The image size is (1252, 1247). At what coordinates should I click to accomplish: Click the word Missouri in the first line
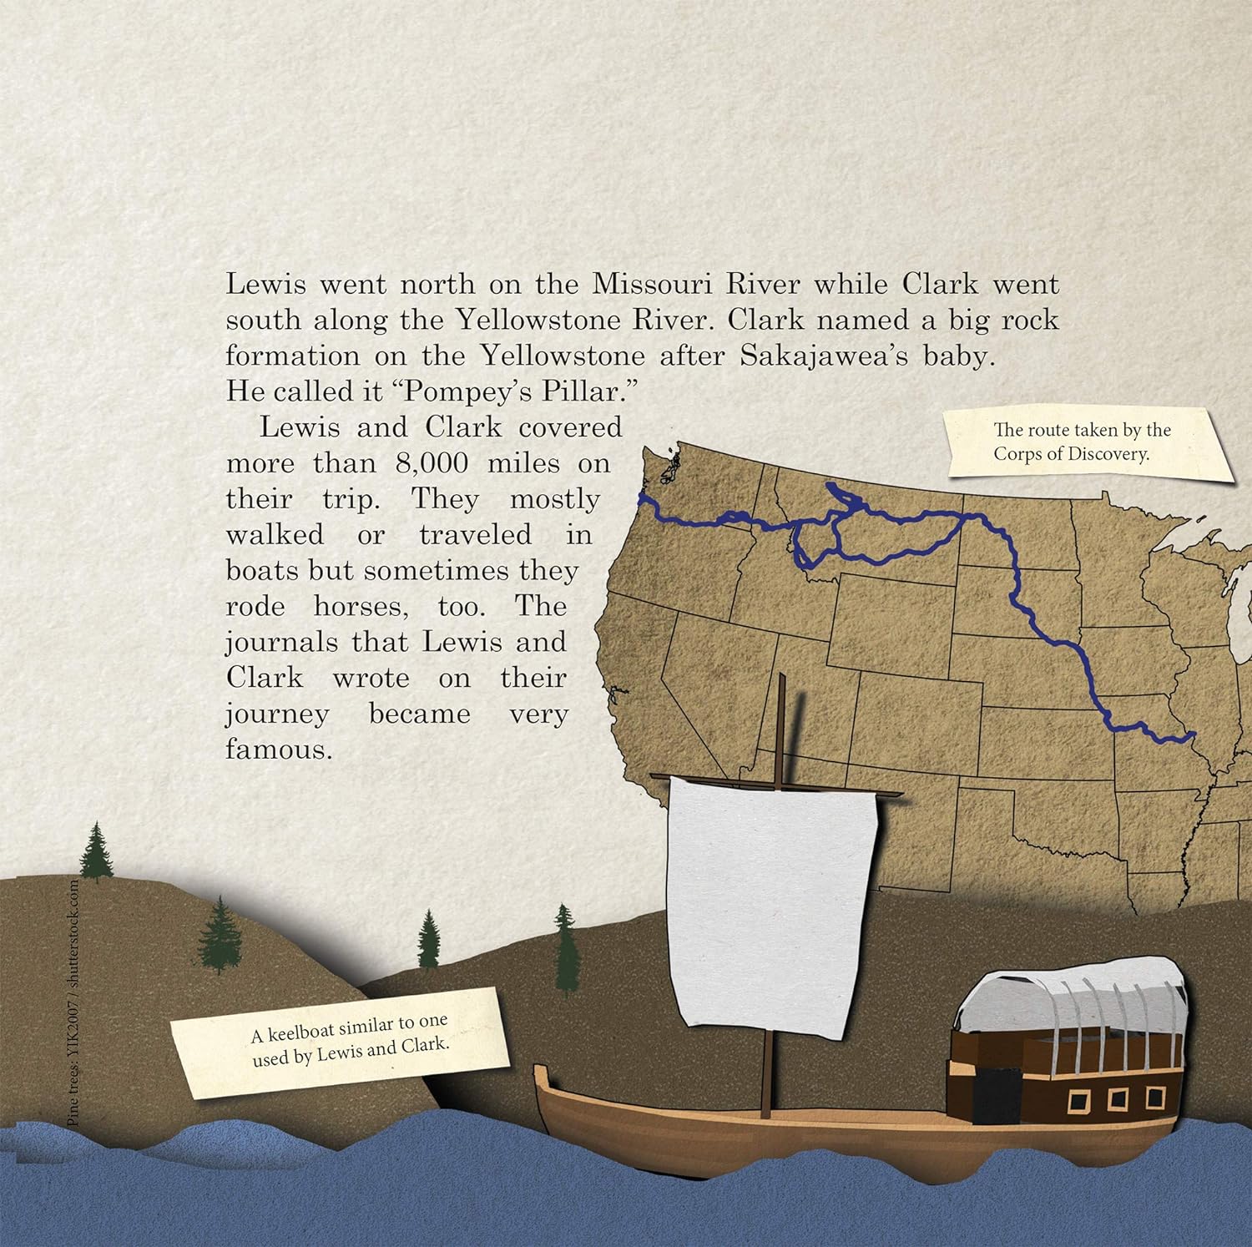(x=650, y=284)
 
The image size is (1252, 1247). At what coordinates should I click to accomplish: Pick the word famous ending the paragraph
(x=279, y=750)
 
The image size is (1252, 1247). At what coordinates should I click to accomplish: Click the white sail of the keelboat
(x=772, y=906)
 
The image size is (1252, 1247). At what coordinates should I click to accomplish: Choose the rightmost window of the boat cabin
(x=1155, y=1097)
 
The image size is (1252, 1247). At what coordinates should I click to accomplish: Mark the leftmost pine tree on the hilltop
(x=97, y=851)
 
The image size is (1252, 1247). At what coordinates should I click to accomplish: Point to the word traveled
(x=475, y=535)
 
